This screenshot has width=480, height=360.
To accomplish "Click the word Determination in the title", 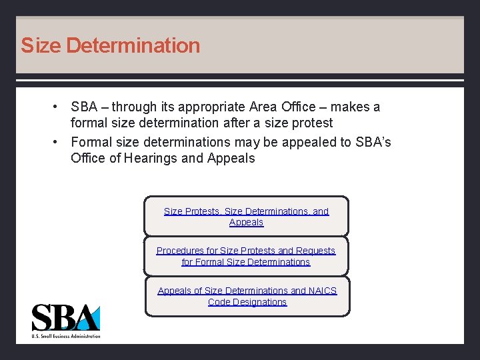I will tap(133, 45).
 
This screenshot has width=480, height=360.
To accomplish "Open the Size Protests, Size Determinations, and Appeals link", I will tap(246, 216).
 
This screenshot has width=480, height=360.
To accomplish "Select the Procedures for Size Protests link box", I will tap(246, 256).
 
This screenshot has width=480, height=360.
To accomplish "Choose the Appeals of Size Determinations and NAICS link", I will tap(247, 296).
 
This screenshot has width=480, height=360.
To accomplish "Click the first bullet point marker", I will tap(59, 107).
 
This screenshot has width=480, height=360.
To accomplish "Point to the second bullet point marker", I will tap(59, 142).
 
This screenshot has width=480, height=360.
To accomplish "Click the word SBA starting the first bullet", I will tap(84, 107).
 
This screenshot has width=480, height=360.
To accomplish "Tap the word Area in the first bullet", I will tap(263, 107).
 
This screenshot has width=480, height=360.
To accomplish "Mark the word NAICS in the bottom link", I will tap(323, 291).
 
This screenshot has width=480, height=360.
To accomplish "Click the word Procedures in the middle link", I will tap(179, 251).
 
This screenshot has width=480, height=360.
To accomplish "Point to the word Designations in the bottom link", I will tap(247, 302).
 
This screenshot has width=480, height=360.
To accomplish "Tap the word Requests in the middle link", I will tap(316, 251).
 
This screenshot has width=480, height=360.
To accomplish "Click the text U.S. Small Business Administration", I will tap(66, 336).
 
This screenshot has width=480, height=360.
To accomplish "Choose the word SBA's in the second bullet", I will tap(372, 142).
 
